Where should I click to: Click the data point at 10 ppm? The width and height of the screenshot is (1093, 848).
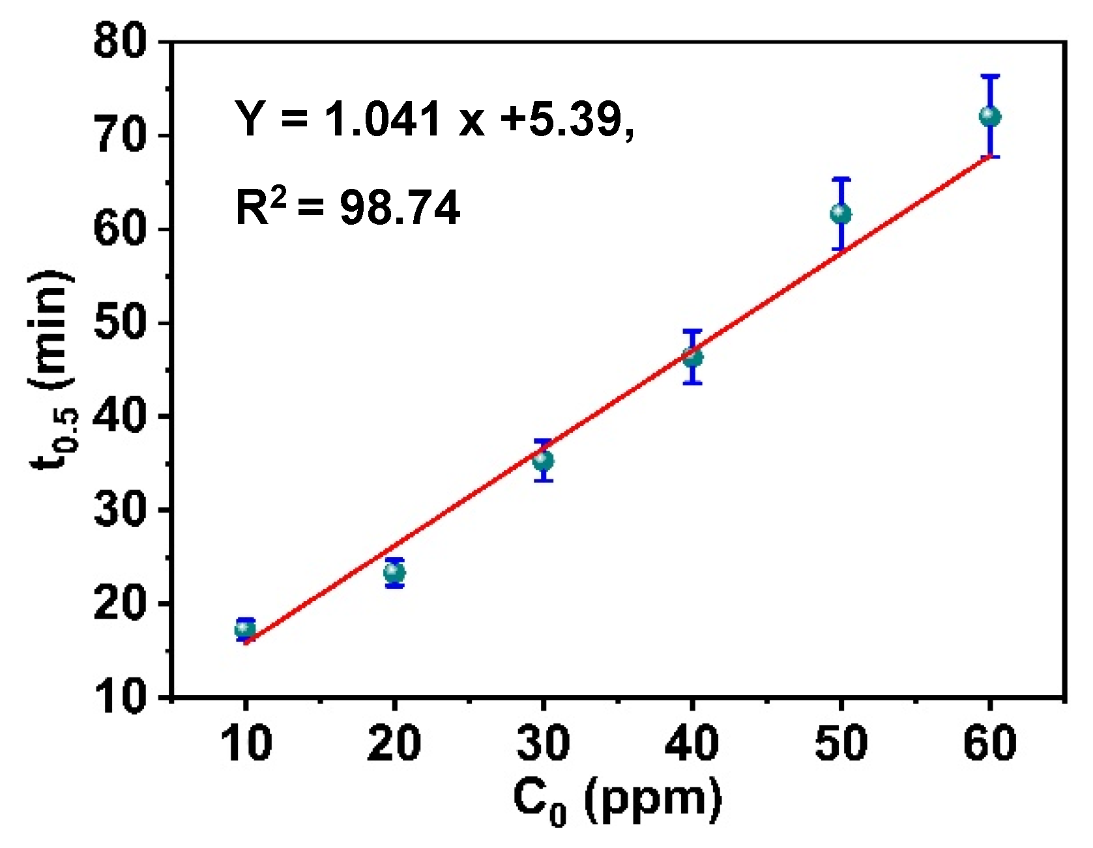tap(245, 629)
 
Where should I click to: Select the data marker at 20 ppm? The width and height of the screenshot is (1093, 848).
tap(394, 573)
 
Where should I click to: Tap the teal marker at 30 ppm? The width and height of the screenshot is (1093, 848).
tap(543, 460)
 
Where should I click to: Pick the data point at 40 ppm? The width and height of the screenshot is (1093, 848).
tap(692, 357)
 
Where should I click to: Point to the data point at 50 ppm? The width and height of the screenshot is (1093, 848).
tap(841, 214)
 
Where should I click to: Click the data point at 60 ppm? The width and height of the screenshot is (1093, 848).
tap(990, 117)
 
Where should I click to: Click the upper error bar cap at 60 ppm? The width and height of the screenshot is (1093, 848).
tap(990, 76)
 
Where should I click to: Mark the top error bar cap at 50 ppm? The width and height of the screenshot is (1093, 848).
tap(841, 178)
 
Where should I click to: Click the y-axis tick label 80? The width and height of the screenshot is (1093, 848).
tap(121, 42)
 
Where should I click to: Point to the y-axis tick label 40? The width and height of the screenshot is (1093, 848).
tap(121, 416)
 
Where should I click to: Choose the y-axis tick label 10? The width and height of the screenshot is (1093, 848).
tap(121, 697)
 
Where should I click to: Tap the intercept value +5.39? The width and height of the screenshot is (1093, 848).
tap(566, 119)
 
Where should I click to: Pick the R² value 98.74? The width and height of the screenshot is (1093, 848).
tap(400, 208)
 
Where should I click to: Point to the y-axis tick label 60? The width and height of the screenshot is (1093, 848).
tap(121, 229)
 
